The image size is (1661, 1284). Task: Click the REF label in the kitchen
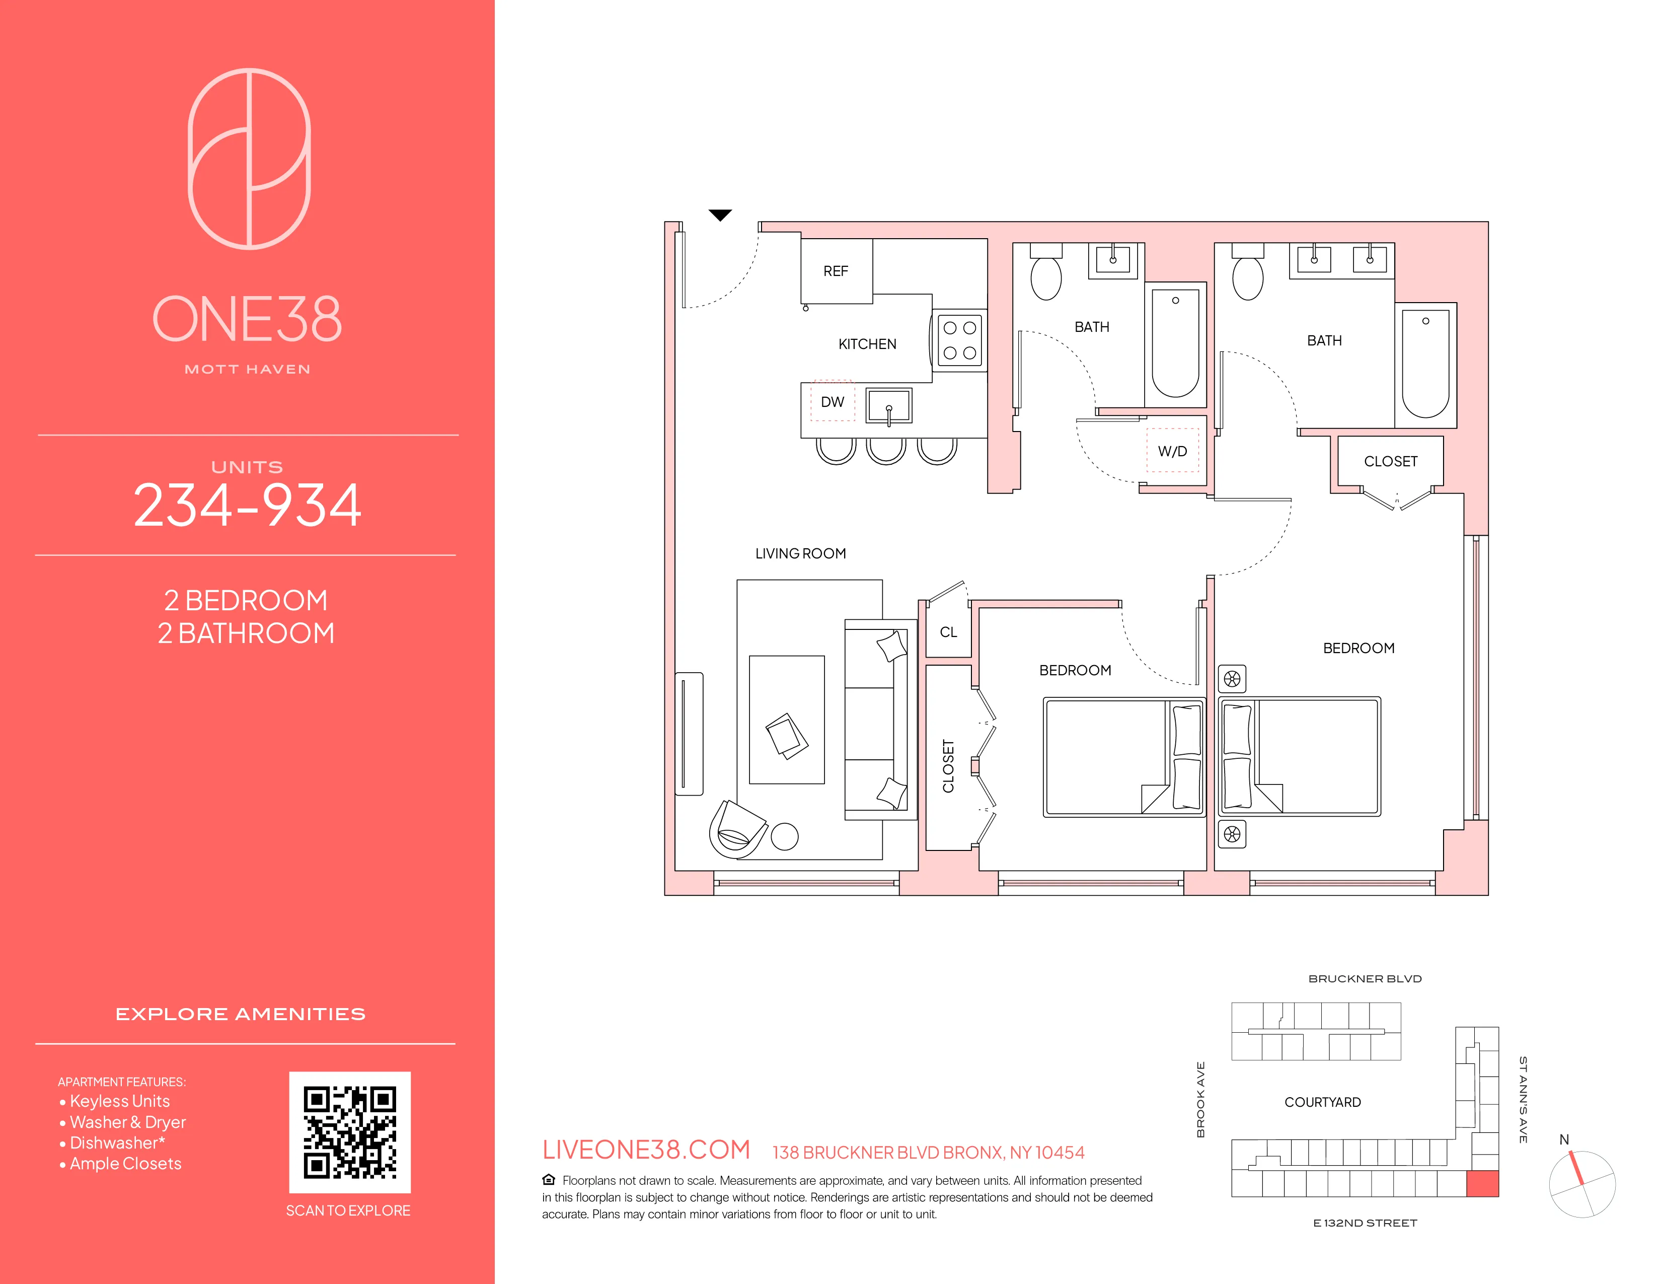coord(835,271)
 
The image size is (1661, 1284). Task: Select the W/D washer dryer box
coord(1172,451)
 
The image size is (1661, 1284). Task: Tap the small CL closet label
coord(948,632)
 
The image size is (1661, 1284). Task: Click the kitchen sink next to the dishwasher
coord(888,405)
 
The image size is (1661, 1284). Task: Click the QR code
coord(350,1132)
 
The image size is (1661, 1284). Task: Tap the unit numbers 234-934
coord(247,506)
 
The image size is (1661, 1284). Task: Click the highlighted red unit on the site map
coord(1481,1184)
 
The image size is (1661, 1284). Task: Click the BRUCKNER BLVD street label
coord(1365,979)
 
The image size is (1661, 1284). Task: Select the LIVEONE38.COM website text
coord(646,1150)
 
